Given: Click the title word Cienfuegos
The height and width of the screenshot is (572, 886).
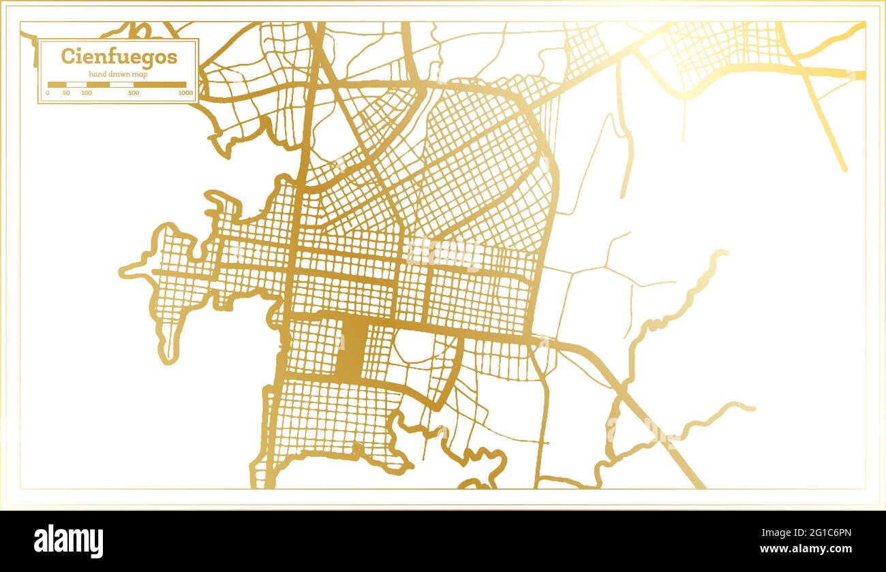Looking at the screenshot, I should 119,57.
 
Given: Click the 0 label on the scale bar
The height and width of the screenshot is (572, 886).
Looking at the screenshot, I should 48,93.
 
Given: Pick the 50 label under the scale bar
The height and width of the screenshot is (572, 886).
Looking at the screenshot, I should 66,93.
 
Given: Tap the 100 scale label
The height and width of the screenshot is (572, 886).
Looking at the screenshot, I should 87,93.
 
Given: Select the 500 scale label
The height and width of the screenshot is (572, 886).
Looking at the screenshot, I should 134,93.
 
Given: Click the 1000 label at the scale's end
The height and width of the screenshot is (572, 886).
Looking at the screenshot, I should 185,93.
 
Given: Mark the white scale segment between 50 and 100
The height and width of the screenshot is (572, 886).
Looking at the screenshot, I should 76,85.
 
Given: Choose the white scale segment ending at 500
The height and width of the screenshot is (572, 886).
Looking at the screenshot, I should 121,85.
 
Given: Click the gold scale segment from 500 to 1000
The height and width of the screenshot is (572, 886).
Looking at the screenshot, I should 159,85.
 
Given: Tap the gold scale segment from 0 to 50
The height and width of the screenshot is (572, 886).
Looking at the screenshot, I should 57,85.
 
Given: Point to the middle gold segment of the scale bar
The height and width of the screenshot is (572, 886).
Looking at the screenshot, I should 98,85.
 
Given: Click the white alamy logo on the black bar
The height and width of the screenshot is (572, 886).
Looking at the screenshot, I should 69,541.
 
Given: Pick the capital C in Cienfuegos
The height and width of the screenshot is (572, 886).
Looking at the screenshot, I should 67,56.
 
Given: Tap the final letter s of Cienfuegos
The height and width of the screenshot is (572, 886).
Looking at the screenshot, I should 172,57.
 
